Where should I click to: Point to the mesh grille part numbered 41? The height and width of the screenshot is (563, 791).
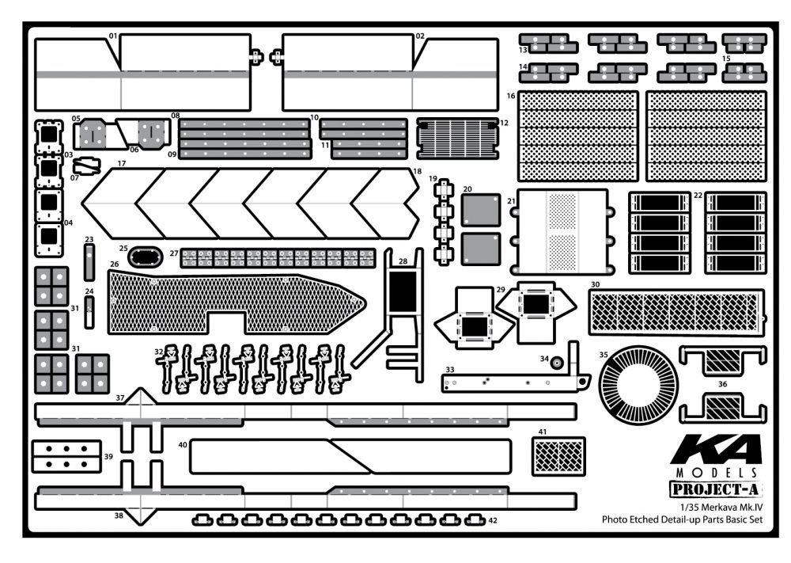click(559, 456)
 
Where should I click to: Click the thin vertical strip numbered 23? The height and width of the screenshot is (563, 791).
click(89, 262)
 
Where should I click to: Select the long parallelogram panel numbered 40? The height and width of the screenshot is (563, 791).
click(350, 456)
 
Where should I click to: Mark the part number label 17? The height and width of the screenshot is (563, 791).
click(122, 164)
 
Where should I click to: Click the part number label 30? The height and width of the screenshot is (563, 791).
click(595, 283)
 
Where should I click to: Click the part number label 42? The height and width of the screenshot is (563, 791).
click(493, 521)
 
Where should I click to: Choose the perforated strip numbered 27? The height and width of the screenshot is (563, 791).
click(278, 257)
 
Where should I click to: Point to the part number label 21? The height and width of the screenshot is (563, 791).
click(512, 201)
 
